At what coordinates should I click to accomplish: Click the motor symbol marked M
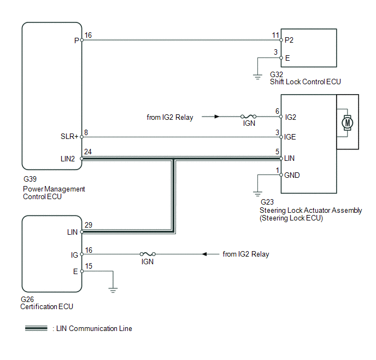click(347, 123)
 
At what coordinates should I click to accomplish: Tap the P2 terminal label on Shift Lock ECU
click(289, 40)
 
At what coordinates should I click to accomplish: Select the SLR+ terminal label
click(69, 137)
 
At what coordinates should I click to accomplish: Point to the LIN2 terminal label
click(68, 159)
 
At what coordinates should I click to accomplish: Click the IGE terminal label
click(290, 137)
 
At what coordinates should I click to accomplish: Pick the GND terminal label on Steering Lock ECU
click(292, 175)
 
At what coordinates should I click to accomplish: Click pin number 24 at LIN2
click(88, 152)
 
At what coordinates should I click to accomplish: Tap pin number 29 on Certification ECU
click(89, 225)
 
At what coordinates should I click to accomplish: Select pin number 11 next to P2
click(275, 35)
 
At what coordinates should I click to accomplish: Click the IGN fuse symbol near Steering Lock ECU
click(248, 117)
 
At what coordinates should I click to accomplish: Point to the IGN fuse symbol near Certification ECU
click(148, 254)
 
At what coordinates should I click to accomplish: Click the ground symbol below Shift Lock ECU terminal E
click(257, 77)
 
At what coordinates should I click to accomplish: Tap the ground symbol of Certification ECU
click(113, 290)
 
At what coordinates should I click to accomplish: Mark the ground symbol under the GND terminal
click(257, 194)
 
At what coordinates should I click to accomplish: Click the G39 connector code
click(30, 179)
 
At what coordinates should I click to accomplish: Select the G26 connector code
click(27, 299)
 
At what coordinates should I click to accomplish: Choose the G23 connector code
click(267, 202)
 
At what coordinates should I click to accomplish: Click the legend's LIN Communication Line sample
click(36, 328)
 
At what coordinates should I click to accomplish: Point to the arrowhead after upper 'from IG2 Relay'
click(217, 117)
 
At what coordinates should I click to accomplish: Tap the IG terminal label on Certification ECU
click(74, 255)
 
